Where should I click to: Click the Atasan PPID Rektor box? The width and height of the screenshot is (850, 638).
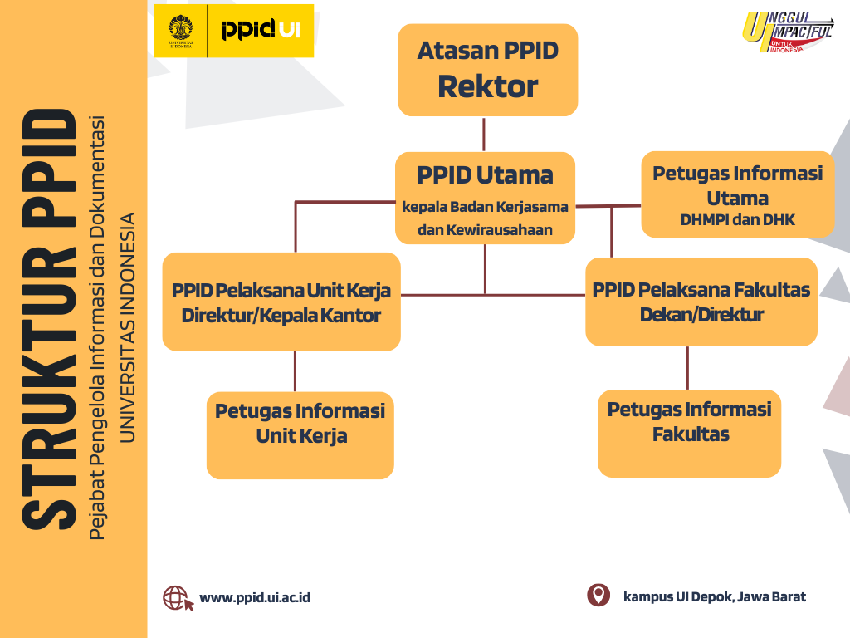coord(487,70)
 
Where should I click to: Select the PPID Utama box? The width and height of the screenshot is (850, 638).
coord(485,198)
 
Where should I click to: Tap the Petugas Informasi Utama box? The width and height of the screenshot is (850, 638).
coord(737,194)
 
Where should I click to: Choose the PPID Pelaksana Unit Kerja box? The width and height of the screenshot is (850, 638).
coord(281,302)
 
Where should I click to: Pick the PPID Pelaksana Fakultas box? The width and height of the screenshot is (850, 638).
coord(701,302)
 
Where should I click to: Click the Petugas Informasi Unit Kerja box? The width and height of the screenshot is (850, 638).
coord(300,435)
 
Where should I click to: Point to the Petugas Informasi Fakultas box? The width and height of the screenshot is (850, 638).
coord(689,433)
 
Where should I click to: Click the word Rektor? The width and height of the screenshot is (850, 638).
coord(487,86)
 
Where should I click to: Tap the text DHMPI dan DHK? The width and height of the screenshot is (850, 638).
coord(737,221)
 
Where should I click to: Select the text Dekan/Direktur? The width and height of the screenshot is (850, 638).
coord(701,315)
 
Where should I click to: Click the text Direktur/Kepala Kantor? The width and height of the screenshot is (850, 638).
coord(281,316)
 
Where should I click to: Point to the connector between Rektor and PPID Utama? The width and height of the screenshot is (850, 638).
coord(484,134)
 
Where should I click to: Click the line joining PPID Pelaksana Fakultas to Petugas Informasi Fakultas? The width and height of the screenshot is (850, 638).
coord(687,367)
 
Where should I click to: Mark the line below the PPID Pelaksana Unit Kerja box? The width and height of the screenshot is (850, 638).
coord(295,371)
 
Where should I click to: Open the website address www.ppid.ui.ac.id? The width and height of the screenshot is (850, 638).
coord(255,597)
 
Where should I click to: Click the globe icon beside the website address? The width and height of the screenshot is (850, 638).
coord(177,598)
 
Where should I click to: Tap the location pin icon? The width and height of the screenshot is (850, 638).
coord(598,596)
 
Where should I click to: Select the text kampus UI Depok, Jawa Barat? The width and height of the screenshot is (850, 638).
coord(714,596)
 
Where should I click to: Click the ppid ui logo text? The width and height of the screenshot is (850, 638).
coord(260,31)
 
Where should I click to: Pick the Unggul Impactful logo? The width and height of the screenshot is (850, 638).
coord(787,33)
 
